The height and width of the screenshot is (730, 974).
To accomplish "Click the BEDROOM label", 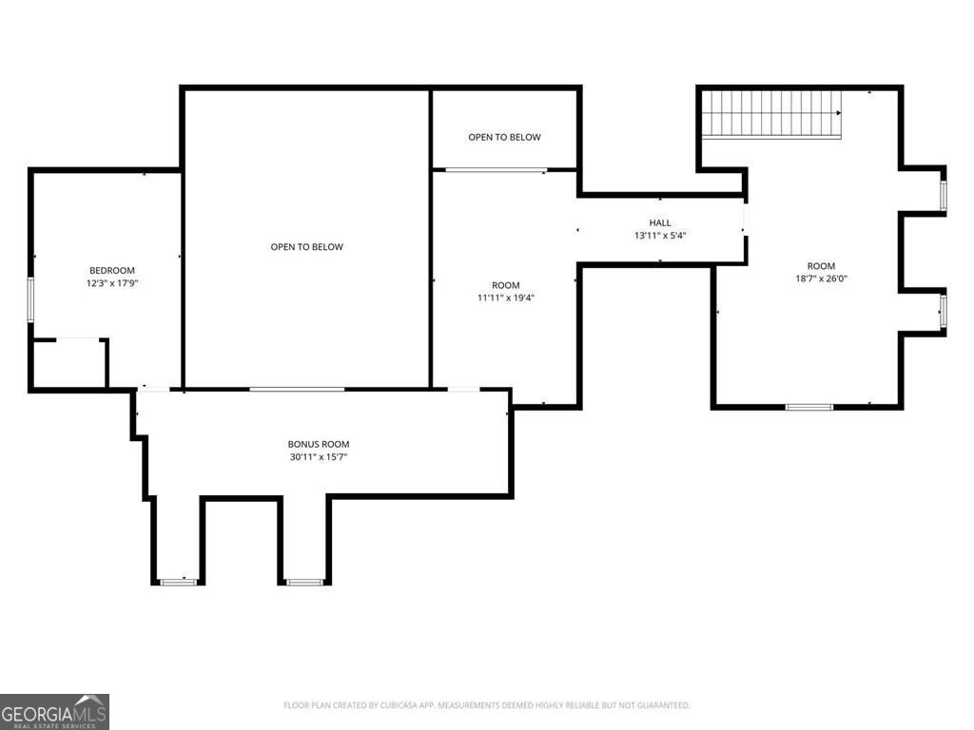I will pos(112,270).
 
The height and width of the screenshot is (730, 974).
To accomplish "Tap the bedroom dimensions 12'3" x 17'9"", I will pos(112,283).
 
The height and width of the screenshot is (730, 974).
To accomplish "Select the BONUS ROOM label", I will pos(319,444).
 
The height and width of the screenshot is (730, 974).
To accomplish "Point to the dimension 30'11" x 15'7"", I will pos(319,457).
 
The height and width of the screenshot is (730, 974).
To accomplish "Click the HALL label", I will pos(660,222).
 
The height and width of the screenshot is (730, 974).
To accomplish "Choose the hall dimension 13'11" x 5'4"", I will pos(660,236).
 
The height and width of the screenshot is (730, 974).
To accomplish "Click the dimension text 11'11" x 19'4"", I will pos(506,298).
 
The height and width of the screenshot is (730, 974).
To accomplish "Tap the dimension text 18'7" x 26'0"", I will pos(821,279).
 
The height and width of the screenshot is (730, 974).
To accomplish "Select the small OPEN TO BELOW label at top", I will pos(504,137).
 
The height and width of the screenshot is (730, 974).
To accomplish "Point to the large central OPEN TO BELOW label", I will pos(306,247).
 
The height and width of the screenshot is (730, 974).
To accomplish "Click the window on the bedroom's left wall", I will pos(30,299).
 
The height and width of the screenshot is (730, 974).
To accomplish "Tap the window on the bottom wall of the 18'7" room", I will pos(808,407).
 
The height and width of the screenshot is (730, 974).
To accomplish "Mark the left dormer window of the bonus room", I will pos(177,581).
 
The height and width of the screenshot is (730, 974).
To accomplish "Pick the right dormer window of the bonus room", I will pos(304,581).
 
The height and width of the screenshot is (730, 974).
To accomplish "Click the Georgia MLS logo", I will pos(54,711).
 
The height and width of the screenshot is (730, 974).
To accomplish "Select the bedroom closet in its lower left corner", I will pos(68,363).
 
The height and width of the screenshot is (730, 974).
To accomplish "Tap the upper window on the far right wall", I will pos(944,195).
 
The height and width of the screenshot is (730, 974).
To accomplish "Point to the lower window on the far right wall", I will pos(944,311).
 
